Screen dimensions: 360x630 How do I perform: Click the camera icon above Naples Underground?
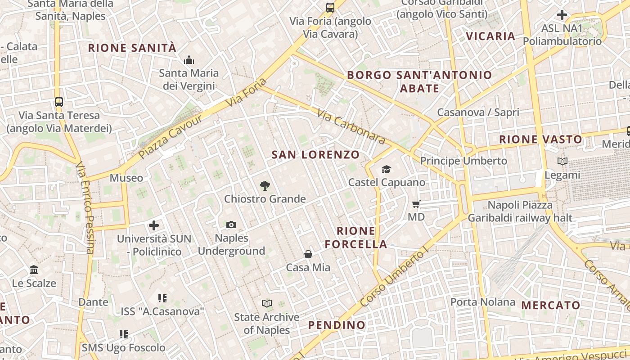(x=231, y=225)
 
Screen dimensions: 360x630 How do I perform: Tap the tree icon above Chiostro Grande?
(x=265, y=185)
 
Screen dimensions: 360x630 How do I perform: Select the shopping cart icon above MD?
(x=416, y=204)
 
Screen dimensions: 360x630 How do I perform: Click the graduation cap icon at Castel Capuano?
(x=386, y=169)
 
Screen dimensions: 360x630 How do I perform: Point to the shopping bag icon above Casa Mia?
(x=308, y=254)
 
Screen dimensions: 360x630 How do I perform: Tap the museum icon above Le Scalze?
(x=34, y=270)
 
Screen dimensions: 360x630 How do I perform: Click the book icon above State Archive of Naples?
(x=267, y=304)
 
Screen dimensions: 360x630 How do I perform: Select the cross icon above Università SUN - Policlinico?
(x=154, y=225)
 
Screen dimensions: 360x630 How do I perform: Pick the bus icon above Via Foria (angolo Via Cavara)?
(x=330, y=7)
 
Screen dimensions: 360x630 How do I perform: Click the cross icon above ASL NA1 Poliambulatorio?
(x=562, y=15)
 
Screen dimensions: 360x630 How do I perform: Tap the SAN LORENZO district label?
(x=315, y=155)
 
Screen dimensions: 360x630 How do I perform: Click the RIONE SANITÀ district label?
(x=132, y=48)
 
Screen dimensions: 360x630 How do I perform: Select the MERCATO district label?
(x=551, y=306)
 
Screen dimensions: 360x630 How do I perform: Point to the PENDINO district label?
(x=337, y=325)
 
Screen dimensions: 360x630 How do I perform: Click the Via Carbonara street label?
(x=351, y=126)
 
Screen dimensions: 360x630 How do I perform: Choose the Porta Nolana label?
(x=482, y=302)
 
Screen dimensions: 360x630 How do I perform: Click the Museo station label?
(x=126, y=178)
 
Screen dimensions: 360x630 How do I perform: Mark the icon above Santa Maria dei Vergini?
(x=189, y=59)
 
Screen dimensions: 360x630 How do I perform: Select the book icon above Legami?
(x=562, y=161)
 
